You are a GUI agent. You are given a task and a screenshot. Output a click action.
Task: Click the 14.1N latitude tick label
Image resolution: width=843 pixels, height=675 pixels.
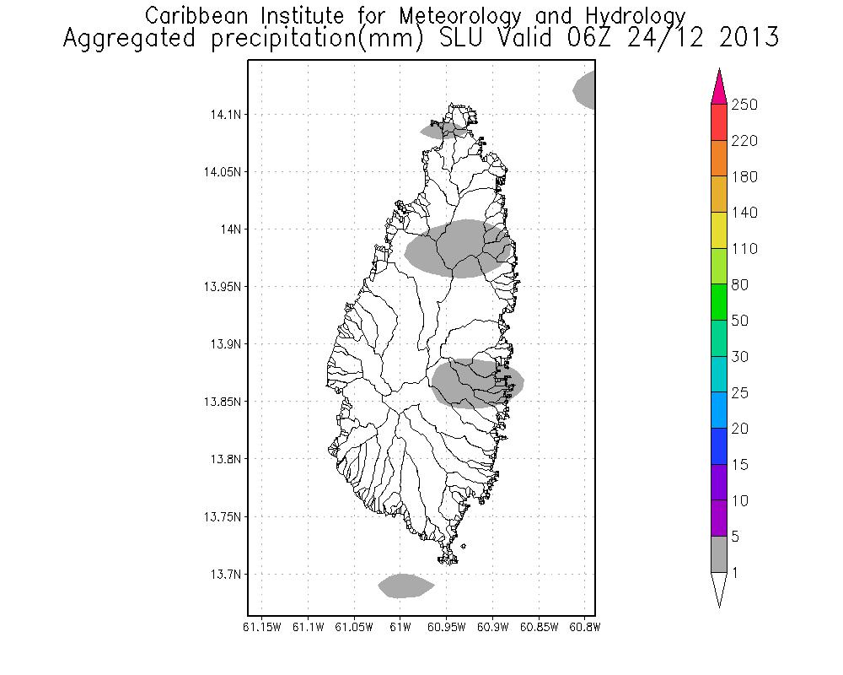tap(223, 114)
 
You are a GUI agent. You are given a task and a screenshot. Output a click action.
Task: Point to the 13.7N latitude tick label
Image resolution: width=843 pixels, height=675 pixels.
tap(223, 574)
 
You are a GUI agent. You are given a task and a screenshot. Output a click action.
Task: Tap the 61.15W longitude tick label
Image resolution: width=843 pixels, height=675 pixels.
tap(262, 627)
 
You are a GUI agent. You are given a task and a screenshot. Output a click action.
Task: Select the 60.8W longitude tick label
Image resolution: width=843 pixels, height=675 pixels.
tap(584, 627)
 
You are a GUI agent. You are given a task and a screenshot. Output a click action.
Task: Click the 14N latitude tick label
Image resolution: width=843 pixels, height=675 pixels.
tap(229, 229)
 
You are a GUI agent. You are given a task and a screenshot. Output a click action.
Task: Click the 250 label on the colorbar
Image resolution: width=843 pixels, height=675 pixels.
tap(744, 105)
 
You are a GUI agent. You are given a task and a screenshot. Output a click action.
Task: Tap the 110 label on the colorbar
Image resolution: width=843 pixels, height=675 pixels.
tap(744, 249)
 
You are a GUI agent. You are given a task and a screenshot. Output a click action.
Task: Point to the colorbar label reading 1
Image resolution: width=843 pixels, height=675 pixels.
tap(736, 573)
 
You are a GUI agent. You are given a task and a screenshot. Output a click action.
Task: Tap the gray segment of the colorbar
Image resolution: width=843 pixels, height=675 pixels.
tap(719, 554)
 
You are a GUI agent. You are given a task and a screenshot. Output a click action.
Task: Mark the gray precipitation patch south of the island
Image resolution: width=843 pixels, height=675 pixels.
tap(405, 585)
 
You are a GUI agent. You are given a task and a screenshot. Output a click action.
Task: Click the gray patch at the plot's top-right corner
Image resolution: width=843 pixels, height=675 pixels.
tap(586, 89)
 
